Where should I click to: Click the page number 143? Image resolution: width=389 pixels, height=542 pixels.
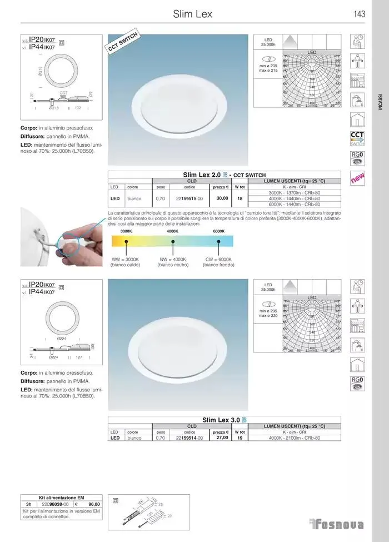[358, 14]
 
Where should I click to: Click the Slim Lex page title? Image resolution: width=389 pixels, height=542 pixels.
[192, 14]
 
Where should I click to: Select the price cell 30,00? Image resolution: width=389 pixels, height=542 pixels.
[222, 198]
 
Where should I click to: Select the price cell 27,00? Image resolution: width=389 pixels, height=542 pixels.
[222, 437]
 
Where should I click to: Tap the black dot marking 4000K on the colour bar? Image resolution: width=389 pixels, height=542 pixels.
[173, 241]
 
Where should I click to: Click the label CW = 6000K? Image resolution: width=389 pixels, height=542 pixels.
[217, 259]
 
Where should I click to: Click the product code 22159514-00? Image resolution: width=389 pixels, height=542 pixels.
[189, 437]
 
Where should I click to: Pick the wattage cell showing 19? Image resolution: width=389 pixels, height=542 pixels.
[240, 437]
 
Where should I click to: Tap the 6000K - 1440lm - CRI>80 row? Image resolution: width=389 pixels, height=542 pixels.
[294, 204]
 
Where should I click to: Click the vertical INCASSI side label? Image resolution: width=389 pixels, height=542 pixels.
[380, 103]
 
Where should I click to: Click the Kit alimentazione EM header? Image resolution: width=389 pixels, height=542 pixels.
[62, 497]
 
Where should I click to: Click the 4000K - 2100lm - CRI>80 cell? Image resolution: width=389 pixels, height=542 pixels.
[294, 437]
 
